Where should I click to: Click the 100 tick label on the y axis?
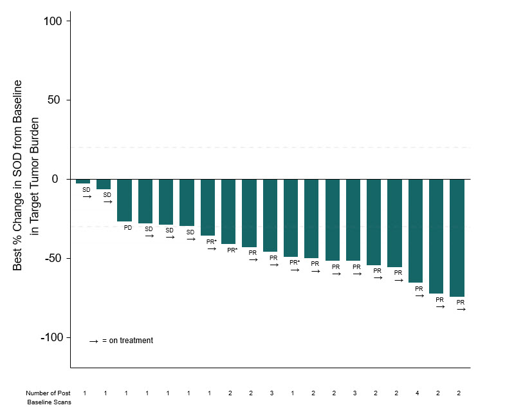pos(53,21)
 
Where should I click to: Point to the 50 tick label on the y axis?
pos(54,100)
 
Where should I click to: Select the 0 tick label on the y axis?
pos(55,179)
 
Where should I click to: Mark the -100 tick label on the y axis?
pos(51,337)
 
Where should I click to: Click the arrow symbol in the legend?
pos(94,341)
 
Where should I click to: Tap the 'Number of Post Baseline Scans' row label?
pos(49,397)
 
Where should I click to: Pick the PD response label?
pos(128,228)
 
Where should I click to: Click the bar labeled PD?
pos(124,200)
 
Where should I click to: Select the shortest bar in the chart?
pos(83,181)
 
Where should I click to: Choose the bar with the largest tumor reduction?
pos(457,238)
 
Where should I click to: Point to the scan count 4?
pos(417,393)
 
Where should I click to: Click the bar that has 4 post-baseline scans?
pos(416,231)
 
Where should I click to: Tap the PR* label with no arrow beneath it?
pos(232,250)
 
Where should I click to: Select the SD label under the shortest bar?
pos(86,189)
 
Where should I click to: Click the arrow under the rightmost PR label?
pos(461,309)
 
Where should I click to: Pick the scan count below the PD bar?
pos(126,393)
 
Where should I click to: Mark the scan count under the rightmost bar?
pos(459,393)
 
